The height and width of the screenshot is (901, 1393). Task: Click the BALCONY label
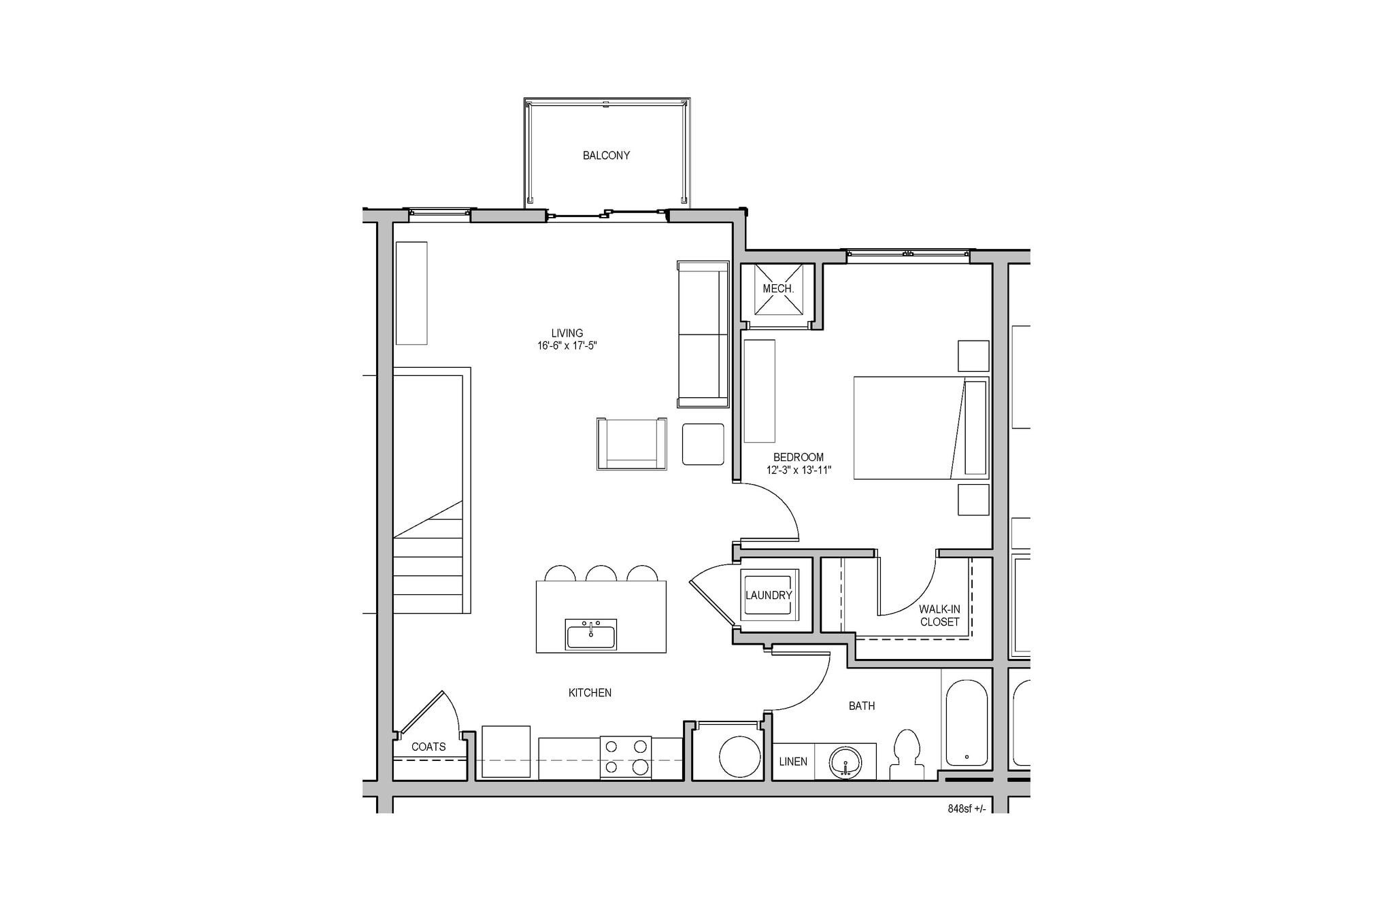[606, 156]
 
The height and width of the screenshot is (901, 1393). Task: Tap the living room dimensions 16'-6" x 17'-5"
[567, 345]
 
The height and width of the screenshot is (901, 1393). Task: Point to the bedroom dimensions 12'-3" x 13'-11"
[799, 470]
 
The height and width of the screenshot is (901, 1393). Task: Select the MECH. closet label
[778, 289]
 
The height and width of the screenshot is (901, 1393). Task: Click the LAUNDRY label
[769, 596]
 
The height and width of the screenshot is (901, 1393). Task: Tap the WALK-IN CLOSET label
[939, 615]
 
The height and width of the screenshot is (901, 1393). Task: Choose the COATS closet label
[429, 747]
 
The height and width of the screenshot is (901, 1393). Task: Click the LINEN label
[793, 762]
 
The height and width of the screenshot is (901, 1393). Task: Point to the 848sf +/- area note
[966, 809]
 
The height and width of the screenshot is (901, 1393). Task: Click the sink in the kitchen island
[590, 634]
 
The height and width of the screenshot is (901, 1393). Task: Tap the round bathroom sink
[845, 762]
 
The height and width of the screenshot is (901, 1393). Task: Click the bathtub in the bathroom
[967, 722]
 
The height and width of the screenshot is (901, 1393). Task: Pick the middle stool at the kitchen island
[601, 573]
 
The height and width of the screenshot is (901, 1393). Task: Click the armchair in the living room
[631, 443]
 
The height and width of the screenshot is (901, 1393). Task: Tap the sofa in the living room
[703, 334]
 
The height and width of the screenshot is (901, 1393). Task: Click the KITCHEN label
[590, 693]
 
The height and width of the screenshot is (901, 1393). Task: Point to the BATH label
[862, 706]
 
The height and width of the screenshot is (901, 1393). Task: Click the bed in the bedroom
[920, 428]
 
